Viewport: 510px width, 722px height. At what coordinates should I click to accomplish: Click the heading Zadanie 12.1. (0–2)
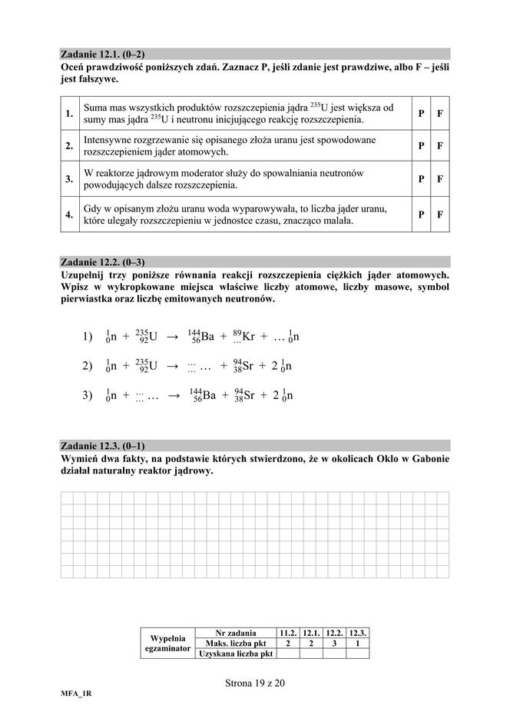(x=103, y=55)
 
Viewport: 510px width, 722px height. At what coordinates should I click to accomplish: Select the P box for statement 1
(x=421, y=114)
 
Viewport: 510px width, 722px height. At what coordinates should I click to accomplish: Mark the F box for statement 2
(x=440, y=145)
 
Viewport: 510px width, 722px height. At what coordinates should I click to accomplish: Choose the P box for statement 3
(x=421, y=179)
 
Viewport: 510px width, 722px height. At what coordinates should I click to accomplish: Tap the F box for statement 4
(x=440, y=215)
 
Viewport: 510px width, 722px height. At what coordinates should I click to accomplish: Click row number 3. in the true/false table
(x=69, y=179)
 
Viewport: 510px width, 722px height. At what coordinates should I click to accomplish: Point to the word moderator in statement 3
(x=201, y=173)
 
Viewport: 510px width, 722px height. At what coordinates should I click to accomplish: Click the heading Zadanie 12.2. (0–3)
(x=103, y=262)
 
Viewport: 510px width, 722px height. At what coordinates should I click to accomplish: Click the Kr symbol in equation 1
(x=248, y=337)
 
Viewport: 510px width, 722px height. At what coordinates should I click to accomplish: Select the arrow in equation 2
(x=173, y=367)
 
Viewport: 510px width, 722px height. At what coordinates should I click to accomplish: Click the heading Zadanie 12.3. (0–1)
(x=103, y=446)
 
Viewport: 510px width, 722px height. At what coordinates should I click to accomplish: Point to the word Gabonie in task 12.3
(x=426, y=458)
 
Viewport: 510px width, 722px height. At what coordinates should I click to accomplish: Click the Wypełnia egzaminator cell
(x=167, y=643)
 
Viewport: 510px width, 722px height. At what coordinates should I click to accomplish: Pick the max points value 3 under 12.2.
(x=334, y=643)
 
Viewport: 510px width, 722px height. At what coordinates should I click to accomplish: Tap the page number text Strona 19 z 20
(x=255, y=682)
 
